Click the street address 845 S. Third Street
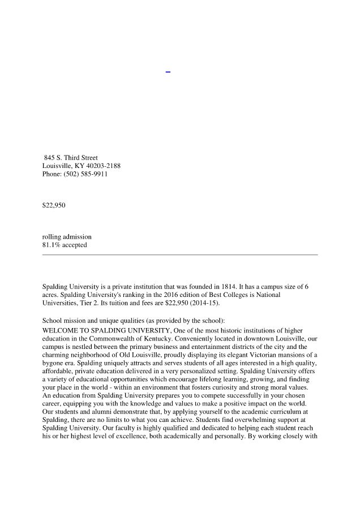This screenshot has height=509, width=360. (71, 158)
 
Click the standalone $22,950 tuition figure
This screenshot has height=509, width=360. (54, 205)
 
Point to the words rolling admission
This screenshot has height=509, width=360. (67, 237)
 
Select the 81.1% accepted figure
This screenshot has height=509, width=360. (65, 245)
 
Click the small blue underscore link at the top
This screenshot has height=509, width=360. (168, 71)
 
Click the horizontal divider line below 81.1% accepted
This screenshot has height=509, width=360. (180, 255)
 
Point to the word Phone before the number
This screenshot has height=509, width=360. (52, 175)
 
